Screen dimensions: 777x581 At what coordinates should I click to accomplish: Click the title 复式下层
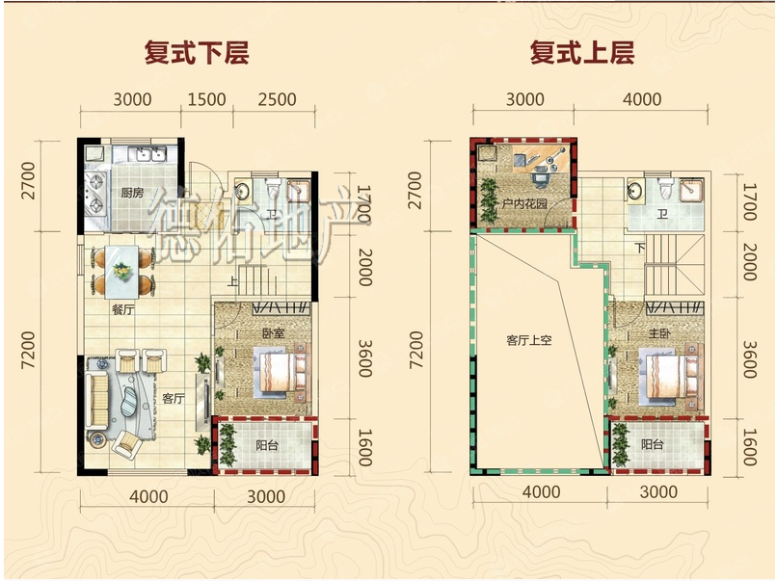[197, 53]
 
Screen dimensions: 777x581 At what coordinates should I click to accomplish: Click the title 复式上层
[582, 53]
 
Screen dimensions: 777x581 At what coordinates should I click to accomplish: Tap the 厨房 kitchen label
[132, 192]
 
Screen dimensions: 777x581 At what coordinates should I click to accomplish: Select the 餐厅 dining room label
[122, 310]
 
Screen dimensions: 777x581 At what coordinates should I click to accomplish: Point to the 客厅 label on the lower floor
[174, 398]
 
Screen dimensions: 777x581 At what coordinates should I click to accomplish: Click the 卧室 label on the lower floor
[274, 332]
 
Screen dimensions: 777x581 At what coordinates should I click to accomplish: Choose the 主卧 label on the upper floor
[659, 333]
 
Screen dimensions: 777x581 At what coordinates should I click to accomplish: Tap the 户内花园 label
[524, 203]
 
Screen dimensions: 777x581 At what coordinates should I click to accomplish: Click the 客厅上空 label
[528, 340]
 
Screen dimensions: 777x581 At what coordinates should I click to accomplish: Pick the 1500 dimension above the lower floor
[206, 99]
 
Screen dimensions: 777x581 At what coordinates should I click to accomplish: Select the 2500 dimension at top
[277, 99]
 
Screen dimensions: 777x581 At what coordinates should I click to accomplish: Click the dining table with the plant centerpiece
[121, 272]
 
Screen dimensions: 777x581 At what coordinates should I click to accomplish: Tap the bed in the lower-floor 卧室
[281, 373]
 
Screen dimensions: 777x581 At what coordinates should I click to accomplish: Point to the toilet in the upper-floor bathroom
[665, 188]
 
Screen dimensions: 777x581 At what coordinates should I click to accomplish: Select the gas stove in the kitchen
[95, 194]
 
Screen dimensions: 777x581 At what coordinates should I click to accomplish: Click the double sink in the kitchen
[147, 153]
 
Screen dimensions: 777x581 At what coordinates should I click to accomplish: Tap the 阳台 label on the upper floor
[653, 444]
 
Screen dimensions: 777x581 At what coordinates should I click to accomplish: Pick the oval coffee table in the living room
[130, 401]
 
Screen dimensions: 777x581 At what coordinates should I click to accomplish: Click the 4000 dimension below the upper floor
[542, 491]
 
